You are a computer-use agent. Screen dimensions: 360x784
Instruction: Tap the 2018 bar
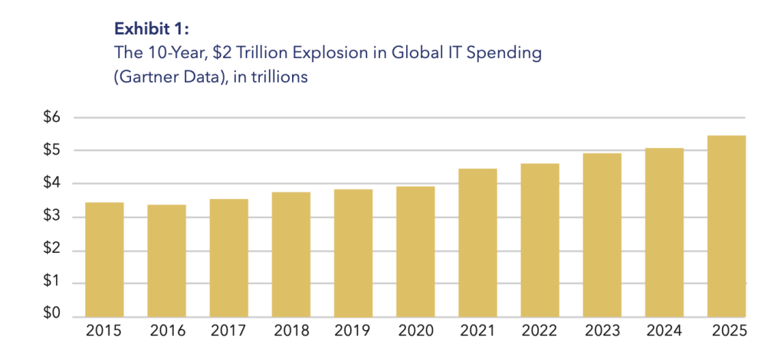coord(290,254)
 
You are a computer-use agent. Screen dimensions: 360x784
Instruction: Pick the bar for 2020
coord(415,251)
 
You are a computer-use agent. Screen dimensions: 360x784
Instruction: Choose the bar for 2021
coord(477,242)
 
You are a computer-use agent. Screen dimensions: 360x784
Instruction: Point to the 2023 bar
coord(602,234)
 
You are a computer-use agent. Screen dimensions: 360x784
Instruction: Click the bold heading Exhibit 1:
coord(150,30)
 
